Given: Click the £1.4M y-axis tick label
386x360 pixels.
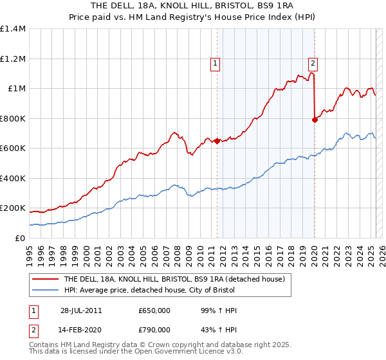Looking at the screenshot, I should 13,29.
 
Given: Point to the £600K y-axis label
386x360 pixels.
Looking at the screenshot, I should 13,148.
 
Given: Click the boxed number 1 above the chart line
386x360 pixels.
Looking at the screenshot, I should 214,63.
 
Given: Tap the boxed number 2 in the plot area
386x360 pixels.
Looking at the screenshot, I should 313,63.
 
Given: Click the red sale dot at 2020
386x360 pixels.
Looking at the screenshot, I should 315,120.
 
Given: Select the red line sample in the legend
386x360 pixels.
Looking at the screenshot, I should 45,280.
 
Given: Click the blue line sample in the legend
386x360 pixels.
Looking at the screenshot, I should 45,291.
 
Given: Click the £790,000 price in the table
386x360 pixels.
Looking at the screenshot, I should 154,330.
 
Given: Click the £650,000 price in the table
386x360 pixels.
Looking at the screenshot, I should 154,310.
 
